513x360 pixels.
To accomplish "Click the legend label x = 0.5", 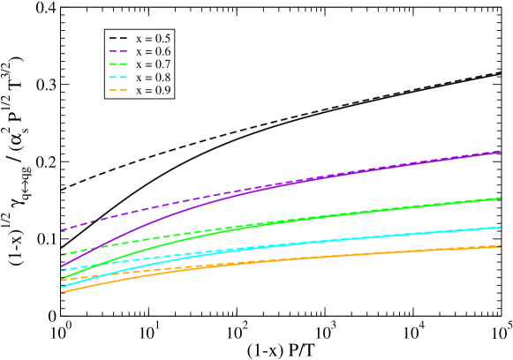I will (154, 39).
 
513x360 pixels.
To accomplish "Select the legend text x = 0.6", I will (154, 52).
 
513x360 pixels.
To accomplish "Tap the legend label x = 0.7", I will (154, 65).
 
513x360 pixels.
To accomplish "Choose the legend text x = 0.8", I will (154, 78).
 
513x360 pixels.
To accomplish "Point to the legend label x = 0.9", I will (154, 91).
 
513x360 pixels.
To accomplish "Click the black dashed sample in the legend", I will (119, 39).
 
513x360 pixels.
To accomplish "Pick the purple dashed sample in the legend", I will (119, 52).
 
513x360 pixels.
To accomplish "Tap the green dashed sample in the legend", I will (119, 65).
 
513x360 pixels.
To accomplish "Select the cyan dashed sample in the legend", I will (119, 78).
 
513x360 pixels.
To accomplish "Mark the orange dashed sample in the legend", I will (119, 91).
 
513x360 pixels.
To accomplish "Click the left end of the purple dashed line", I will (62, 229).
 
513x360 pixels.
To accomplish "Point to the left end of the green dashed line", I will (62, 254).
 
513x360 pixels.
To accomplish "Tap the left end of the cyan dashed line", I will (62, 269).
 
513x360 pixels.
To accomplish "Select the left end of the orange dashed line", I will (62, 280).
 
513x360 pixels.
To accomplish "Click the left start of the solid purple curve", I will (62, 266).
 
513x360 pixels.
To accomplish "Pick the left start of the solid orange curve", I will (62, 291).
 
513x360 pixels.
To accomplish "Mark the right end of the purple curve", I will (501, 152).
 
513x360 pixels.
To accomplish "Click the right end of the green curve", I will (501, 198).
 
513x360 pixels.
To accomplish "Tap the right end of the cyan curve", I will (501, 227).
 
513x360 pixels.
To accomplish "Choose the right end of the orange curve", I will (501, 246).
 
